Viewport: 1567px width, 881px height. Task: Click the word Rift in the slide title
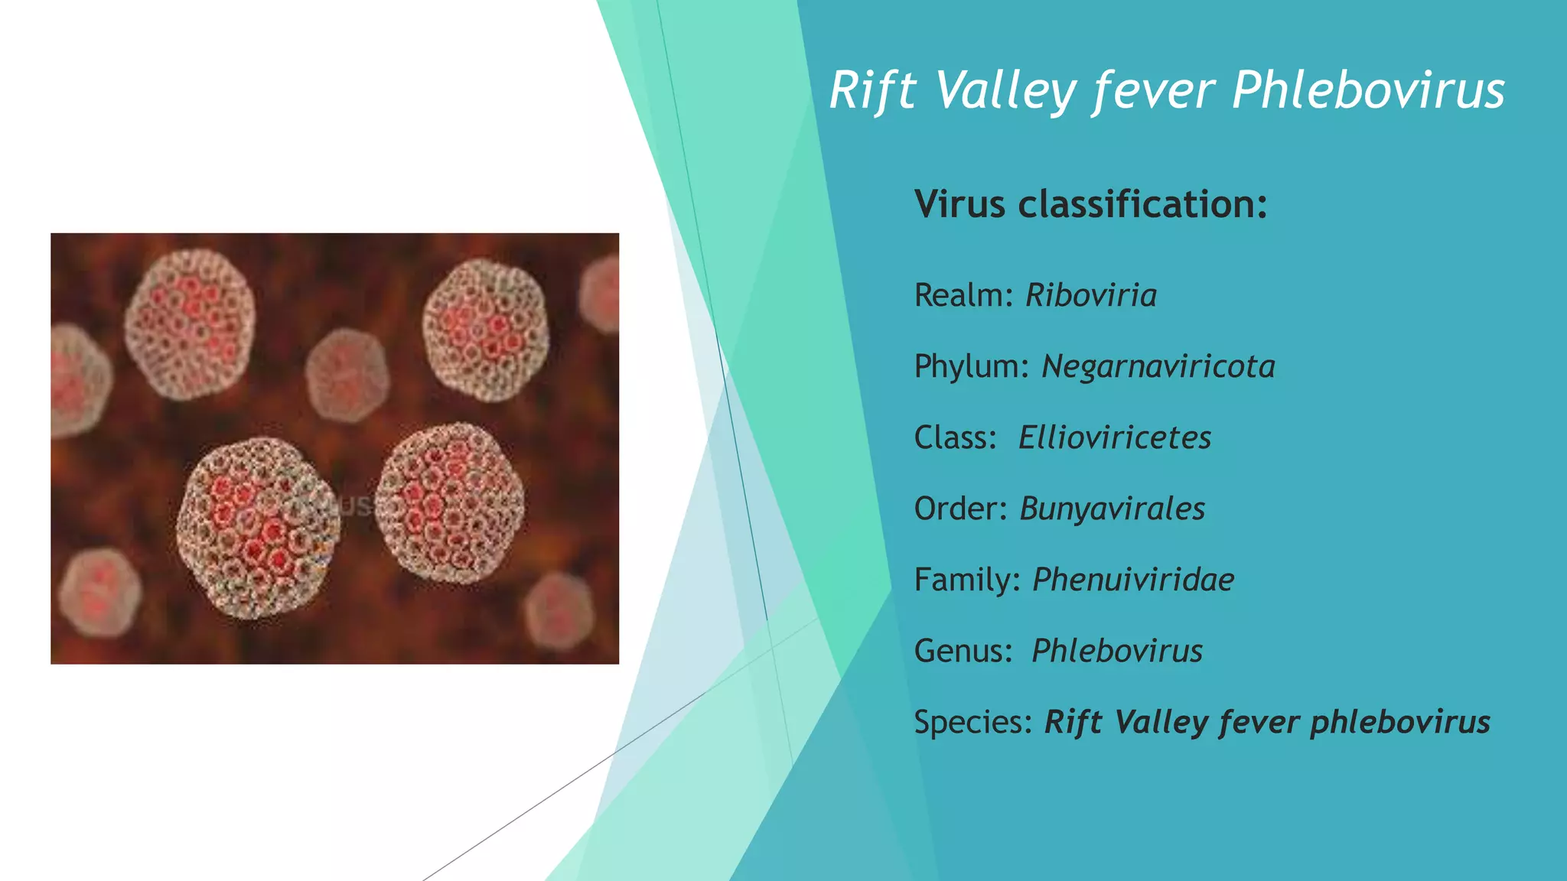click(872, 91)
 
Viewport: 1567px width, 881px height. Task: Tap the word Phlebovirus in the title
click(1368, 91)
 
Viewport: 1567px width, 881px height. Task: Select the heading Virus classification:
click(1090, 204)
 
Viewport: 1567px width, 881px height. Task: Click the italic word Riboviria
click(1091, 296)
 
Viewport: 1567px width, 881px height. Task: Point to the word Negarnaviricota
click(1158, 367)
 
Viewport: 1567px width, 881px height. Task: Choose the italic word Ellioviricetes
click(1114, 438)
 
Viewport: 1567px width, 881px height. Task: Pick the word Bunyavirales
click(1112, 509)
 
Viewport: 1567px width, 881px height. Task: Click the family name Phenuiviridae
click(1132, 580)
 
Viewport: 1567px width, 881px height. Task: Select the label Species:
click(973, 723)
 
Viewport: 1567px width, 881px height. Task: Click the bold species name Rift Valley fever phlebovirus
click(1267, 723)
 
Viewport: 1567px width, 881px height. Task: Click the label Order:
click(961, 509)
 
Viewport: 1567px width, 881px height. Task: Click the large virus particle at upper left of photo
click(190, 324)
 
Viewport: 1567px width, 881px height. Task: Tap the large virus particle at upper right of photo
click(486, 330)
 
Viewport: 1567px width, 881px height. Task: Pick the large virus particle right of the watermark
click(450, 502)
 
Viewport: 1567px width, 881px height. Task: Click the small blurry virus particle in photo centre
click(347, 375)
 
